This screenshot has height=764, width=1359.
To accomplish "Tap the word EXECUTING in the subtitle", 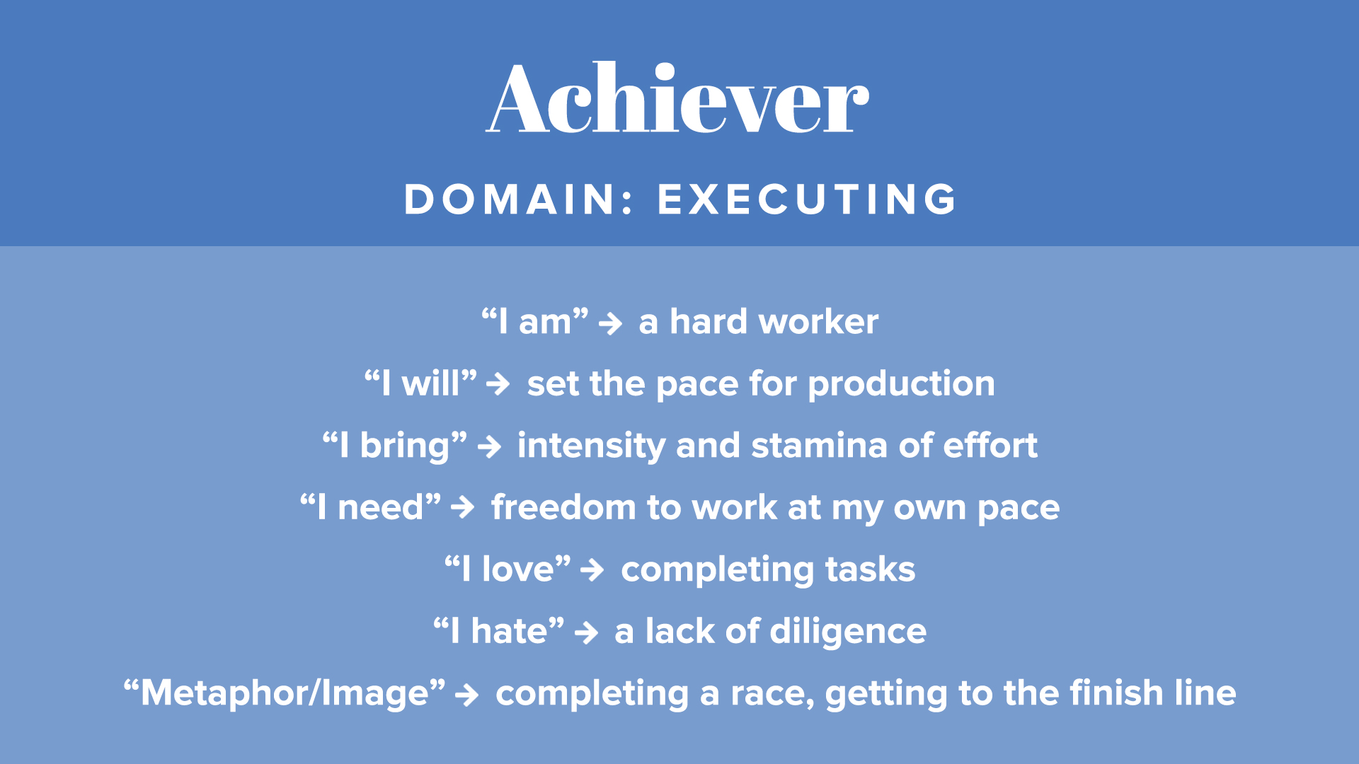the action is coord(807,199).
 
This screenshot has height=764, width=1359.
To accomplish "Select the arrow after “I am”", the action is coord(610,324).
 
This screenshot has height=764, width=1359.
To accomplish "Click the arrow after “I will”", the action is coord(498,384).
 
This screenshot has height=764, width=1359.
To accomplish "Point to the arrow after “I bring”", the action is coord(490,447).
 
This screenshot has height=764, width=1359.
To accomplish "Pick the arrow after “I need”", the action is coord(463,507).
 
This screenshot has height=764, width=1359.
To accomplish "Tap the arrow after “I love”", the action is coord(592,569).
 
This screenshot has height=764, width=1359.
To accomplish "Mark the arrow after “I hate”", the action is coord(587,632).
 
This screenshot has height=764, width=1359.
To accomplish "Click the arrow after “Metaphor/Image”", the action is coord(467,695).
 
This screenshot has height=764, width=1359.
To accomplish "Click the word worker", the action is coord(818,322).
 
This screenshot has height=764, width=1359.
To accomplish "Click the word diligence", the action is coord(848,632).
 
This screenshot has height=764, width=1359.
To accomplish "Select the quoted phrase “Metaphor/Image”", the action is coord(285,694).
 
